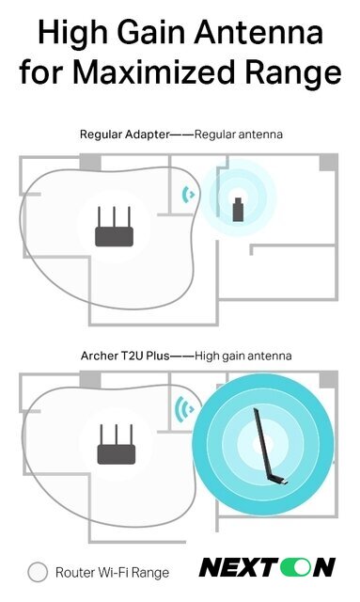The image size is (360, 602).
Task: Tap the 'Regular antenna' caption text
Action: coord(238,135)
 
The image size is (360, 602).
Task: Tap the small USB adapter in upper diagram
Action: coord(239,207)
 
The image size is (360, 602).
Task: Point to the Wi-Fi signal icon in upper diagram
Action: coord(188,195)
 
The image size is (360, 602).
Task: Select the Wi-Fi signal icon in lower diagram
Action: coord(184,409)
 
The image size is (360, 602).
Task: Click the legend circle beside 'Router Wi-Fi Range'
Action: coord(38,571)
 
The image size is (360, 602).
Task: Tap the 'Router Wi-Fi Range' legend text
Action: coord(112,571)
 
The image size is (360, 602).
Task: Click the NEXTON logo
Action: coord(267,567)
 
